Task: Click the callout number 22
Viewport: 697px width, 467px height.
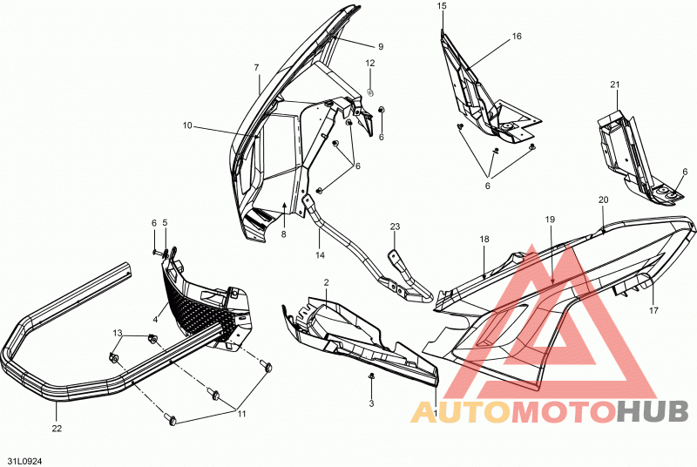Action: point(57,429)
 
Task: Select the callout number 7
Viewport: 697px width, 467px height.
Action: point(256,68)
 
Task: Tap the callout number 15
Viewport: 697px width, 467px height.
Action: point(442,6)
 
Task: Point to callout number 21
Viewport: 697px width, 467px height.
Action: point(615,85)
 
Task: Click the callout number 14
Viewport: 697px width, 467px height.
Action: point(320,255)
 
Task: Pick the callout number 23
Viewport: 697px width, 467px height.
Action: point(396,227)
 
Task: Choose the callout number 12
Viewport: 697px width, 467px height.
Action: point(370,63)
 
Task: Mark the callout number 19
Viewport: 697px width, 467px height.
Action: point(551,219)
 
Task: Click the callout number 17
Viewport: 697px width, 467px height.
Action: point(653,310)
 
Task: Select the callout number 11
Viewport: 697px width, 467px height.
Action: point(241,414)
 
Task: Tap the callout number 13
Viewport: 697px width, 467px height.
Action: point(118,333)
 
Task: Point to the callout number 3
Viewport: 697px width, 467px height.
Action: point(372,403)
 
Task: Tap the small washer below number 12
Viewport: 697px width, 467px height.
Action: point(369,92)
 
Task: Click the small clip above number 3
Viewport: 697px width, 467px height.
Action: point(371,376)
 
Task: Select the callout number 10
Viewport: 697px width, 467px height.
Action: point(187,125)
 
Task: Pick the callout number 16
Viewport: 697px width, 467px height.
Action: point(517,36)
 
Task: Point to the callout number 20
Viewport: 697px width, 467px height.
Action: point(603,200)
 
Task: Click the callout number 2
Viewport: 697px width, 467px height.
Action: point(326,282)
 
